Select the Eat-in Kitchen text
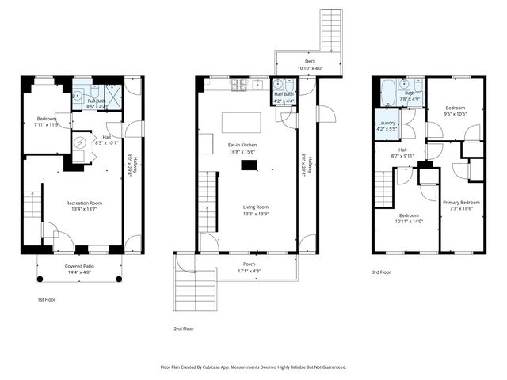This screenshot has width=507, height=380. (x=242, y=145)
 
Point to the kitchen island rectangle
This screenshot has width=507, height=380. (x=241, y=122)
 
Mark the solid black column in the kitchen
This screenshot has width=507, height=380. (x=250, y=165)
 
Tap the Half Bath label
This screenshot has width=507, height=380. (x=283, y=97)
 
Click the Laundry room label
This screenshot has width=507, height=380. (x=386, y=123)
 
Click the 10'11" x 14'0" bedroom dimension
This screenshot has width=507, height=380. (x=408, y=221)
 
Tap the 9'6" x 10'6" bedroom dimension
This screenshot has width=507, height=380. (x=455, y=113)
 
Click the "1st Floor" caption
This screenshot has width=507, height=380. (x=48, y=300)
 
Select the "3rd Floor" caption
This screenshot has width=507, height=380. (x=382, y=272)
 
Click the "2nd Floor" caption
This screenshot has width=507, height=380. (x=183, y=328)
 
